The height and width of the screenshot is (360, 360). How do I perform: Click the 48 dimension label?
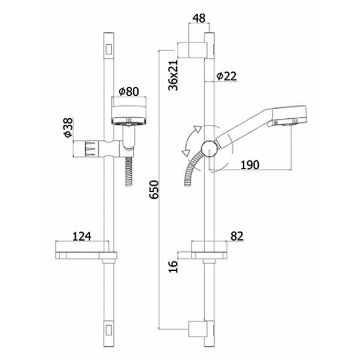tap(199, 19)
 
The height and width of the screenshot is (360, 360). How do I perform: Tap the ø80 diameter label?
tap(129, 92)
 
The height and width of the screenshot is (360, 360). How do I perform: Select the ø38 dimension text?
tap(68, 127)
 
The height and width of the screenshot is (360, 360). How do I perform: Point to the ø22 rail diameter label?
tap(226, 76)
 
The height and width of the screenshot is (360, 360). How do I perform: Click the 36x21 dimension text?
tap(173, 75)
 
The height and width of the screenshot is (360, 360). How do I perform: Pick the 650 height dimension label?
tap(154, 190)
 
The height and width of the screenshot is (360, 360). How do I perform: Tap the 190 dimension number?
tap(250, 165)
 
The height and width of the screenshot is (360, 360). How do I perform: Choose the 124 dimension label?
tap(82, 236)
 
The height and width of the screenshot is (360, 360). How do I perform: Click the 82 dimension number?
tap(237, 236)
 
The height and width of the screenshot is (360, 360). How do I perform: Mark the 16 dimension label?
tap(173, 266)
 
